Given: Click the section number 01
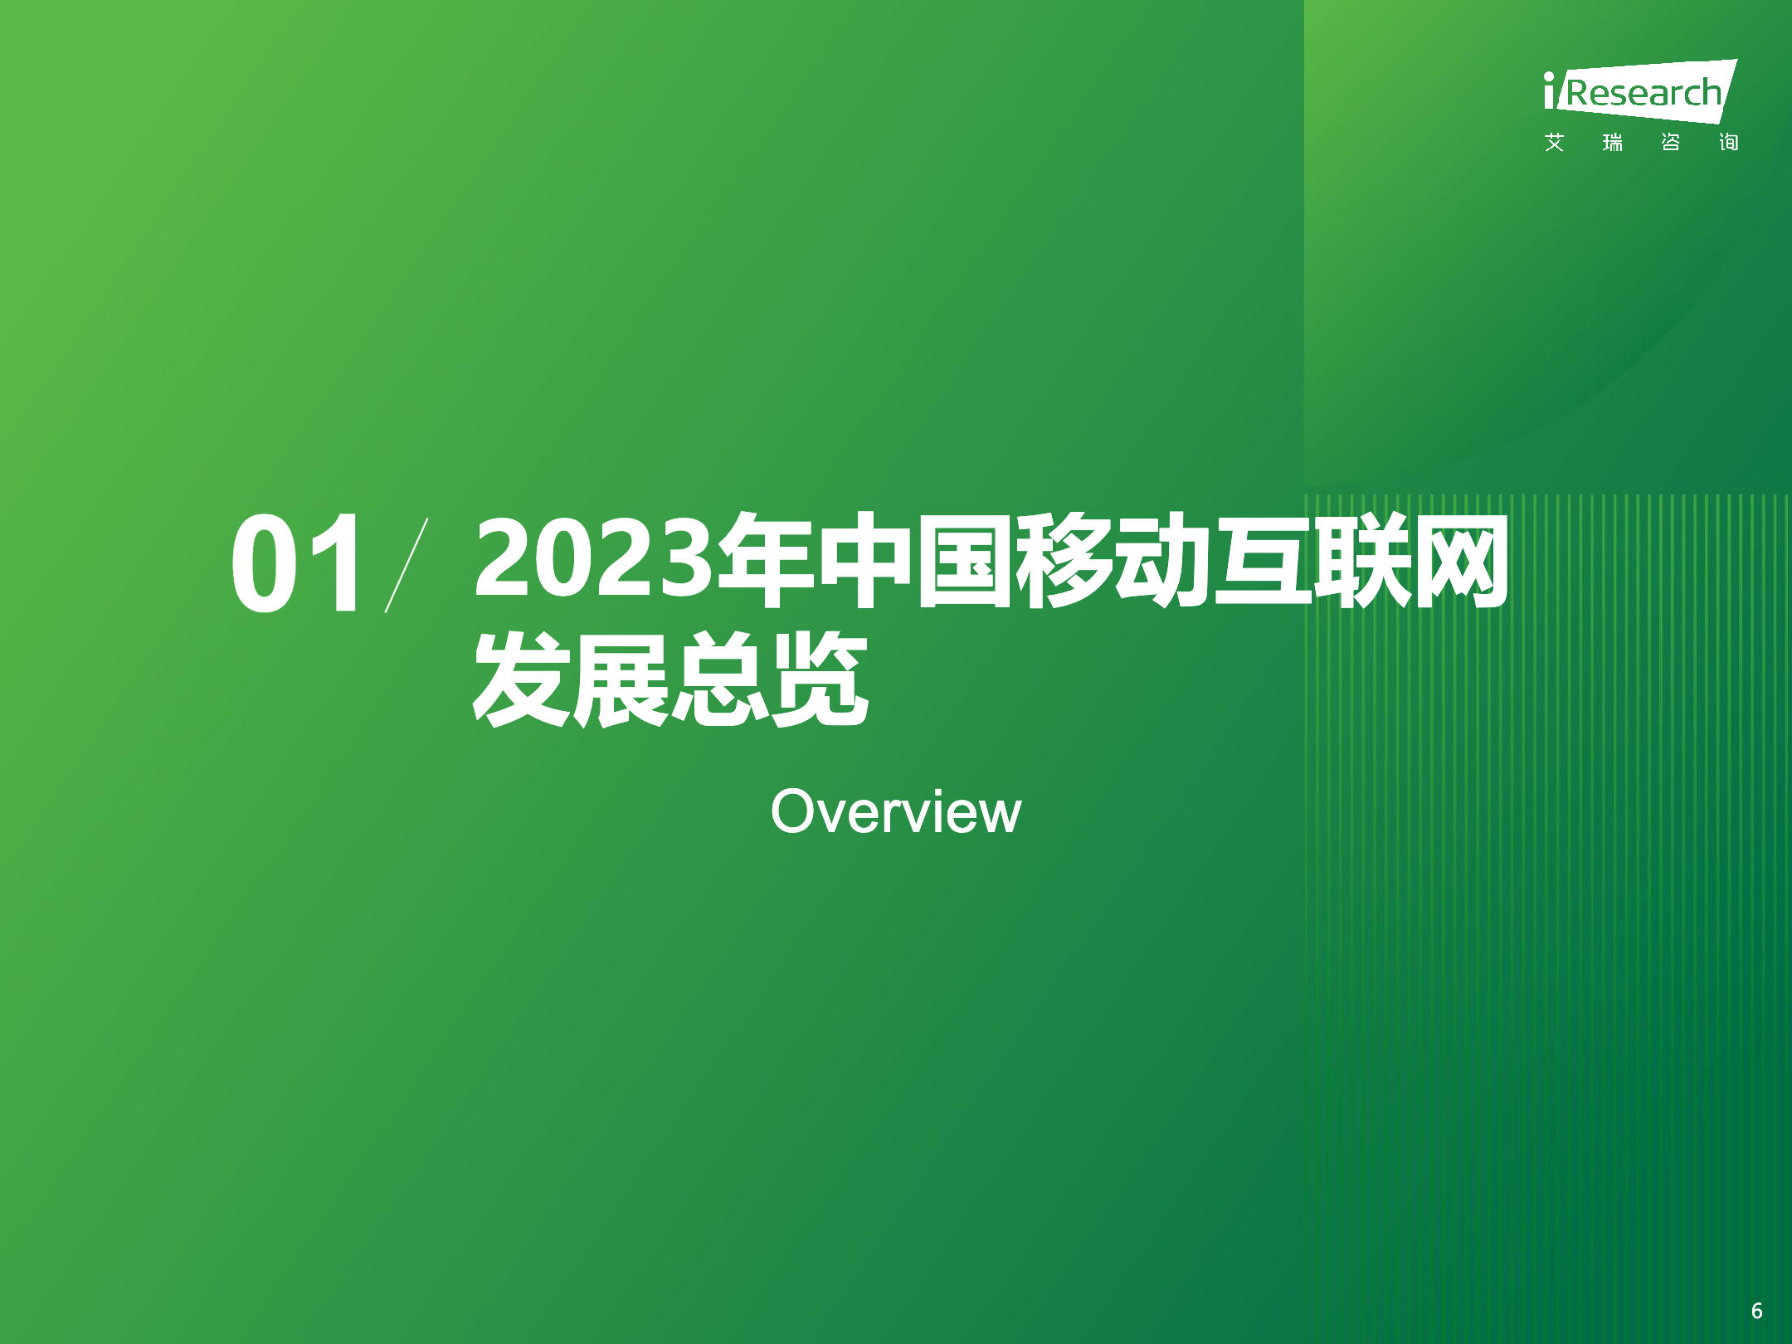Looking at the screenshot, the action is click(x=296, y=563).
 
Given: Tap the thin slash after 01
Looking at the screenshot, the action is click(x=407, y=564).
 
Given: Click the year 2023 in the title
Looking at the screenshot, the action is click(x=594, y=558).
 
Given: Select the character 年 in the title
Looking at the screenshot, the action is click(x=765, y=560).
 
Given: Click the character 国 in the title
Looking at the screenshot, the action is click(x=963, y=560).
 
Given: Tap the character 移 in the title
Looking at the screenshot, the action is click(x=1063, y=560).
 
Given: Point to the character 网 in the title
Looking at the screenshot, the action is click(x=1459, y=560).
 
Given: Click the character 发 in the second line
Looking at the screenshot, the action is click(x=522, y=679).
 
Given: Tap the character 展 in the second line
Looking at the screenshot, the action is click(x=621, y=679).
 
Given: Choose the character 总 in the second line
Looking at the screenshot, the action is click(x=720, y=679).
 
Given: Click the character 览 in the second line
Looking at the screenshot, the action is click(x=820, y=679).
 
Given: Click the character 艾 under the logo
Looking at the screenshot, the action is click(x=1555, y=143).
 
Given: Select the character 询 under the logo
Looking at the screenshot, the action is click(x=1728, y=143).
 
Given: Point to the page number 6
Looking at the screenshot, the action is click(x=1756, y=1310).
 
